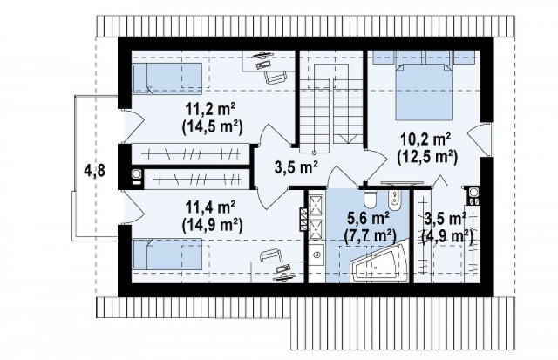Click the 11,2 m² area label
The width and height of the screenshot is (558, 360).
[211, 109]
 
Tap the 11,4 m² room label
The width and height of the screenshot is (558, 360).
[211, 207]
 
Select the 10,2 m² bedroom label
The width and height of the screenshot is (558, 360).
[426, 139]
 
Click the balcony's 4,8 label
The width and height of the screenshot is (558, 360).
[94, 171]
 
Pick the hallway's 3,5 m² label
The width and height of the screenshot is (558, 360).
[296, 166]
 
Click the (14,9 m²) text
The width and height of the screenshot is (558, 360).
[212, 225]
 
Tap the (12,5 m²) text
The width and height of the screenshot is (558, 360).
[427, 157]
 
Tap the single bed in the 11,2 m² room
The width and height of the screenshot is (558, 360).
[167, 79]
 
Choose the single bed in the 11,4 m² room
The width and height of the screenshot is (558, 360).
[167, 254]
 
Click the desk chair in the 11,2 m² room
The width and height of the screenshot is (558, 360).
[276, 78]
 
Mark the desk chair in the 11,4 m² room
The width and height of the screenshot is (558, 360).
[270, 256]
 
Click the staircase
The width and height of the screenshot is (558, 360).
[331, 102]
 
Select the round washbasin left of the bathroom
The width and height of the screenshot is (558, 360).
[316, 255]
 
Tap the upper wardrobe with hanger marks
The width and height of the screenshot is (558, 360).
[191, 153]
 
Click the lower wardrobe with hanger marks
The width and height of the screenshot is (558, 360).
[198, 179]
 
